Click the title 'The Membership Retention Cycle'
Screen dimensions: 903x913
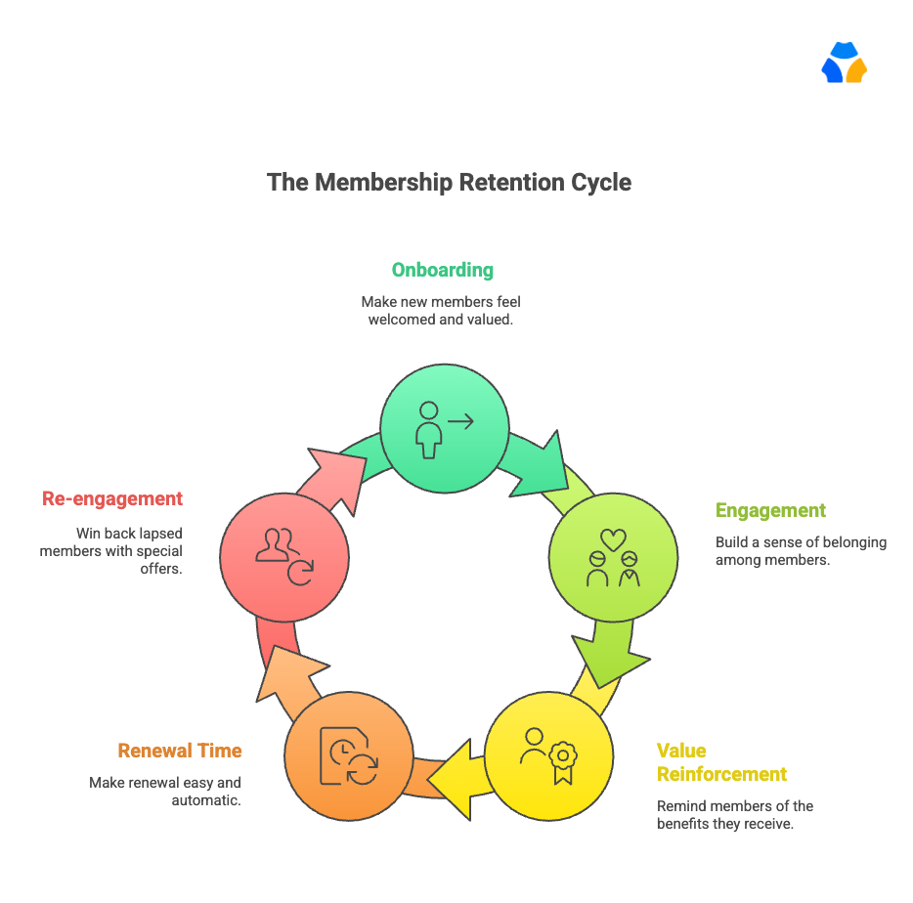coord(449,183)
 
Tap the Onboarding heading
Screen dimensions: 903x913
coord(443,270)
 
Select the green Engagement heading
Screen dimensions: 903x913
coord(770,510)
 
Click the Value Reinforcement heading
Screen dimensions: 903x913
coord(721,762)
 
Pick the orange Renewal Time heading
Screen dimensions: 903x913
coord(179,751)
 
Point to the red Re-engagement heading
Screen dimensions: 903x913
coord(112,498)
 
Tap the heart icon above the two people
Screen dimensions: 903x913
coord(613,538)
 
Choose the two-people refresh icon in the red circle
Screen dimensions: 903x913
coord(284,555)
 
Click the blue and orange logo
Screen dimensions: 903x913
coord(845,64)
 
